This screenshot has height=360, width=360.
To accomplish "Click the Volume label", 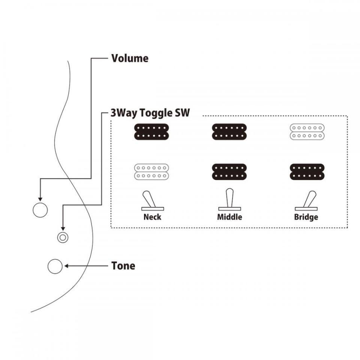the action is coord(130,58).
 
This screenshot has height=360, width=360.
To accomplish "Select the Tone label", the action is coord(123,266).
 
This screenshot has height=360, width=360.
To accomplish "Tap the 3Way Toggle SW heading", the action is coord(150,113).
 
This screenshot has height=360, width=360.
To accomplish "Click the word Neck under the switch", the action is coord(152,217).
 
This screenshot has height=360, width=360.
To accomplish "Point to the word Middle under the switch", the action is coord(229,217).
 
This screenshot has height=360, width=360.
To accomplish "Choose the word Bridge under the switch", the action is coord(306,217).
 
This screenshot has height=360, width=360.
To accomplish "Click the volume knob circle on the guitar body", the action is coord(40,210).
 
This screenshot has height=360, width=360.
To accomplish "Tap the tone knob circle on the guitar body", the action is coord(55,266).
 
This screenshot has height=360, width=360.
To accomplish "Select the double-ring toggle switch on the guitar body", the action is coord(63,237).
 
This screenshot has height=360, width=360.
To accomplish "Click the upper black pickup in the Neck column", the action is coord(151,132).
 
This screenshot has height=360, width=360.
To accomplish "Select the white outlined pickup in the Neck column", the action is coord(151,172).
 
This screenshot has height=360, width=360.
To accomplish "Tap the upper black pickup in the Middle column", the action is coord(229,132).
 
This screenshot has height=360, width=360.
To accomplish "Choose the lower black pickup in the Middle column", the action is coord(229,172).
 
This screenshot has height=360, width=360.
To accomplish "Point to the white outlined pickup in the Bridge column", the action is coord(307,132).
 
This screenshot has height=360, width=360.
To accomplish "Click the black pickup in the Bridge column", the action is coord(307,172).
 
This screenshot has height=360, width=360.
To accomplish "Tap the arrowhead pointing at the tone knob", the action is coord(66,266).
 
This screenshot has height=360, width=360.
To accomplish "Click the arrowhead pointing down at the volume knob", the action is coord(40,199).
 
